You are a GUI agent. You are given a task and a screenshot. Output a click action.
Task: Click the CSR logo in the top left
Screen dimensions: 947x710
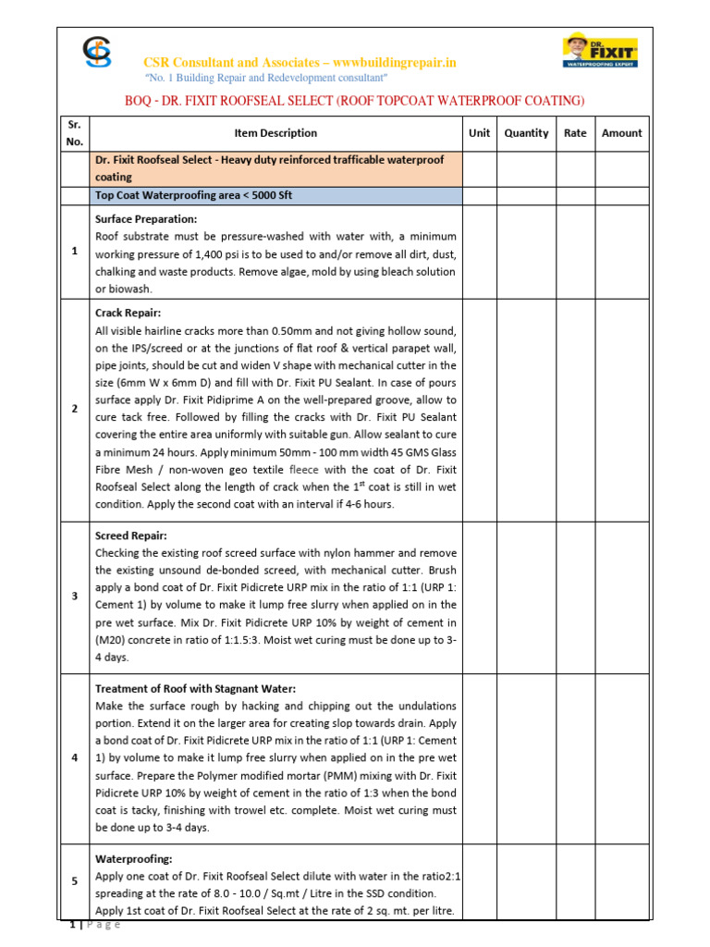[95, 54]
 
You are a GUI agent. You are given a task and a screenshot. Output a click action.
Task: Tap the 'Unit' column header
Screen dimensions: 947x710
[479, 133]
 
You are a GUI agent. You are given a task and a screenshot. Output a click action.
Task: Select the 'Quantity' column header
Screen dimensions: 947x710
[526, 133]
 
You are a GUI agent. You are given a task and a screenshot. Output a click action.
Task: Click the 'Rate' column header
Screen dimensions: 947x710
[575, 133]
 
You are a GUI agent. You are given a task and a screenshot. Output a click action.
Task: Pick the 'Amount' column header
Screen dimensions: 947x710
[621, 133]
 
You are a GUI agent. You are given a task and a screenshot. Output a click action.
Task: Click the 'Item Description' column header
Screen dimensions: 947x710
[275, 133]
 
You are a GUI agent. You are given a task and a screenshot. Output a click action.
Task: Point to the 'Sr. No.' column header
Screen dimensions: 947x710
[75, 133]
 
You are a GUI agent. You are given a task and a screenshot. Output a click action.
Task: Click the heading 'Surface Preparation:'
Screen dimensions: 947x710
[145, 219]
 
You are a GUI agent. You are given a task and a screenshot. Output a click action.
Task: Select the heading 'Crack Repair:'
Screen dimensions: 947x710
[128, 314]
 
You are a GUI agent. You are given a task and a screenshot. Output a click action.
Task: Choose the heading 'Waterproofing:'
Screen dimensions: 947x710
[133, 859]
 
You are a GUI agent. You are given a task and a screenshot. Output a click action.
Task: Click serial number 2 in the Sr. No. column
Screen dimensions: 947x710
[75, 410]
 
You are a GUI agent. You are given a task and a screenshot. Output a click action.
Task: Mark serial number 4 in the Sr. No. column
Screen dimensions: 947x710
[75, 758]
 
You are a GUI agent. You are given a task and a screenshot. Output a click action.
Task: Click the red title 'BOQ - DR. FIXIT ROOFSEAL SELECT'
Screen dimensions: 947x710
[354, 101]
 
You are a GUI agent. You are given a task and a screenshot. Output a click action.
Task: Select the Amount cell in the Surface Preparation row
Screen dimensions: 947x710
[621, 252]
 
